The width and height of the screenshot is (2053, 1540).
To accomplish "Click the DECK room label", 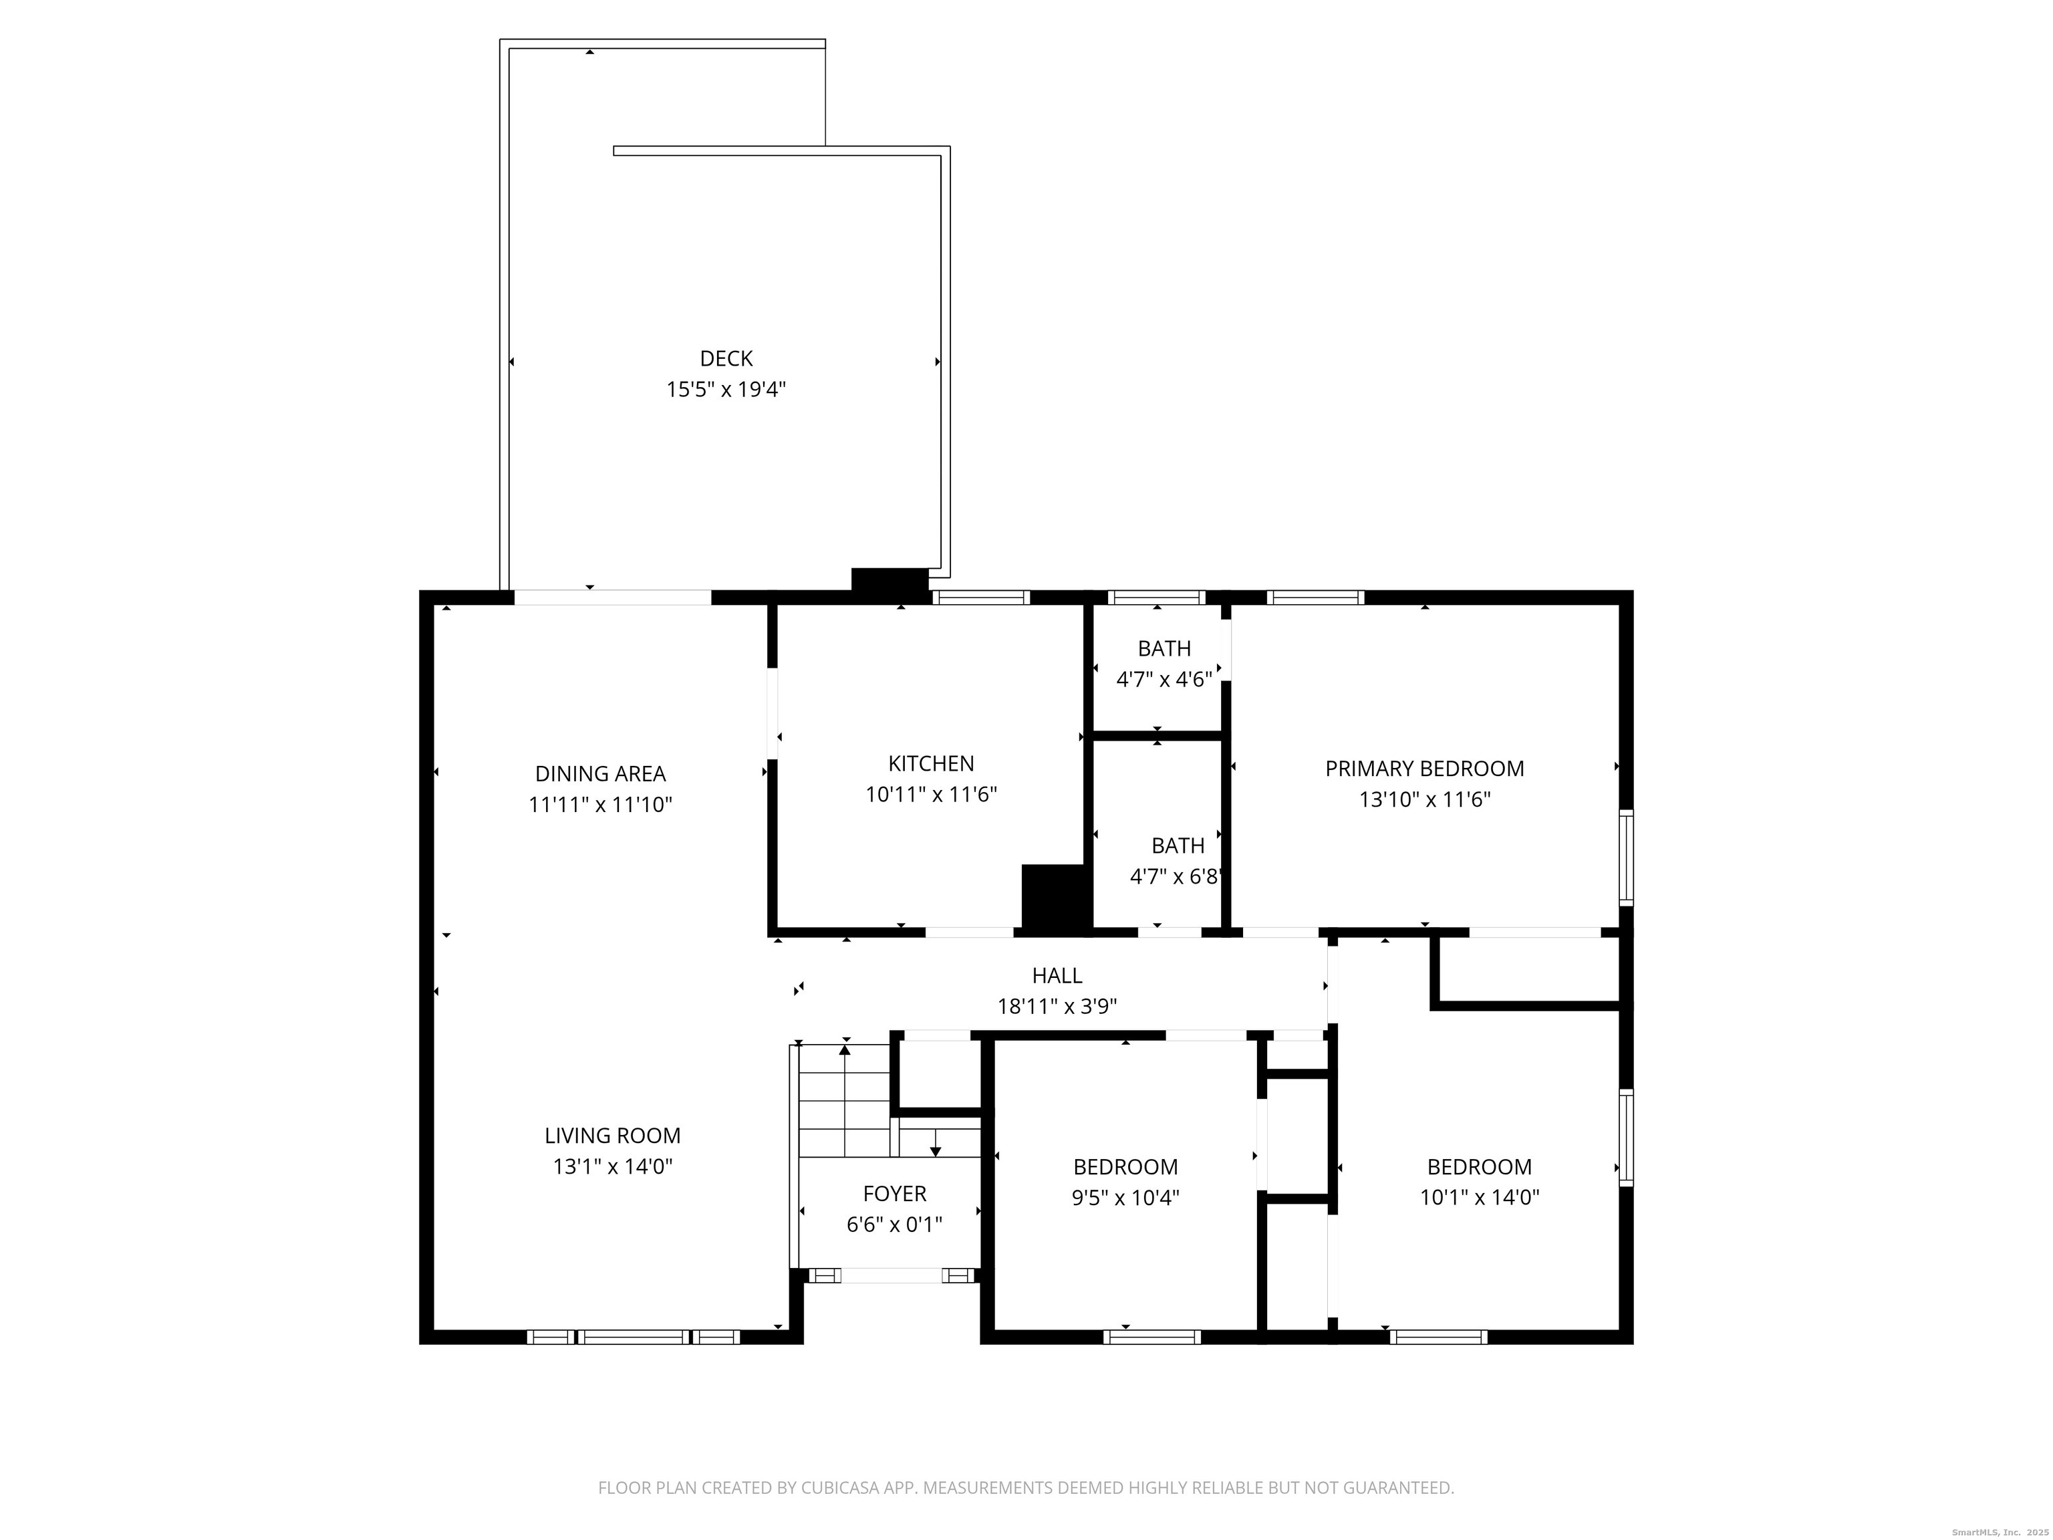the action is pyautogui.click(x=726, y=358).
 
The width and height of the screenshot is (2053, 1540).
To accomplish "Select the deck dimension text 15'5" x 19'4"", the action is pyautogui.click(x=726, y=389).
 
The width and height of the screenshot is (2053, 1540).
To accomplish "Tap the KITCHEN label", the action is pyautogui.click(x=931, y=763).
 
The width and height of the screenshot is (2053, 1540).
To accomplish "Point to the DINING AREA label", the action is pyautogui.click(x=601, y=773).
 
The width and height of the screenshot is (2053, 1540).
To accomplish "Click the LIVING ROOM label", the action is pyautogui.click(x=613, y=1135).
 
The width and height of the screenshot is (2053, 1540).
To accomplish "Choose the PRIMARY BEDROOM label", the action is pyautogui.click(x=1425, y=769).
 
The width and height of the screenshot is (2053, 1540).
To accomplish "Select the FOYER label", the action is pyautogui.click(x=895, y=1194).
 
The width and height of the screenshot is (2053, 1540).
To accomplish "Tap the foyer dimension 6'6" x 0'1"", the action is pyautogui.click(x=895, y=1225).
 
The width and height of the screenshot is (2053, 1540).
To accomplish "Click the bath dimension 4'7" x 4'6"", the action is pyautogui.click(x=1164, y=680).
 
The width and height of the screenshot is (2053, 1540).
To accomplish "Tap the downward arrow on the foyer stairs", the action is pyautogui.click(x=936, y=1143).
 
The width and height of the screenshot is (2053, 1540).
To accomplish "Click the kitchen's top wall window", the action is pyautogui.click(x=981, y=597).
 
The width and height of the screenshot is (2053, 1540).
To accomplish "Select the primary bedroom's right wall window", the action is pyautogui.click(x=1626, y=857).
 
